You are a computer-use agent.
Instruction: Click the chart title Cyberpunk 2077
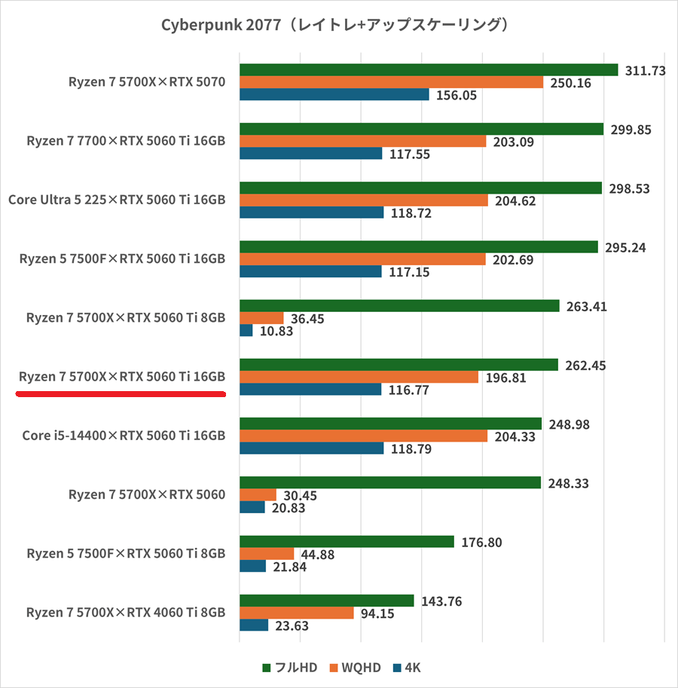pos(338,25)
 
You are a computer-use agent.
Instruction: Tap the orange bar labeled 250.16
pos(391,82)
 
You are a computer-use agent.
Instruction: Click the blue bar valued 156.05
pos(334,95)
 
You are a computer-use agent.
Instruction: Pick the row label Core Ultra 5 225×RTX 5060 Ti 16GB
pos(117,200)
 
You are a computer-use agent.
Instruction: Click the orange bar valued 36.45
pos(261,318)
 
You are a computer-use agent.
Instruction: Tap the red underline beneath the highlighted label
pos(121,393)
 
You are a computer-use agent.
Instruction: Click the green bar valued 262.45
pos(399,365)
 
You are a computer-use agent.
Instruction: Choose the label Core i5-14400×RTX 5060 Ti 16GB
pos(124,435)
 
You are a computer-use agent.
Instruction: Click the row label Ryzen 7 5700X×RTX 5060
pos(146,494)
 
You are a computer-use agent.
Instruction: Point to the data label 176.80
pos(480,542)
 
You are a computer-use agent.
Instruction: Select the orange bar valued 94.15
pos(296,613)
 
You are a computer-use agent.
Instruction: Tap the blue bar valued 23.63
pos(253,625)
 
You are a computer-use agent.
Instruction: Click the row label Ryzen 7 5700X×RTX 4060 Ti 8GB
pos(125,612)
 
